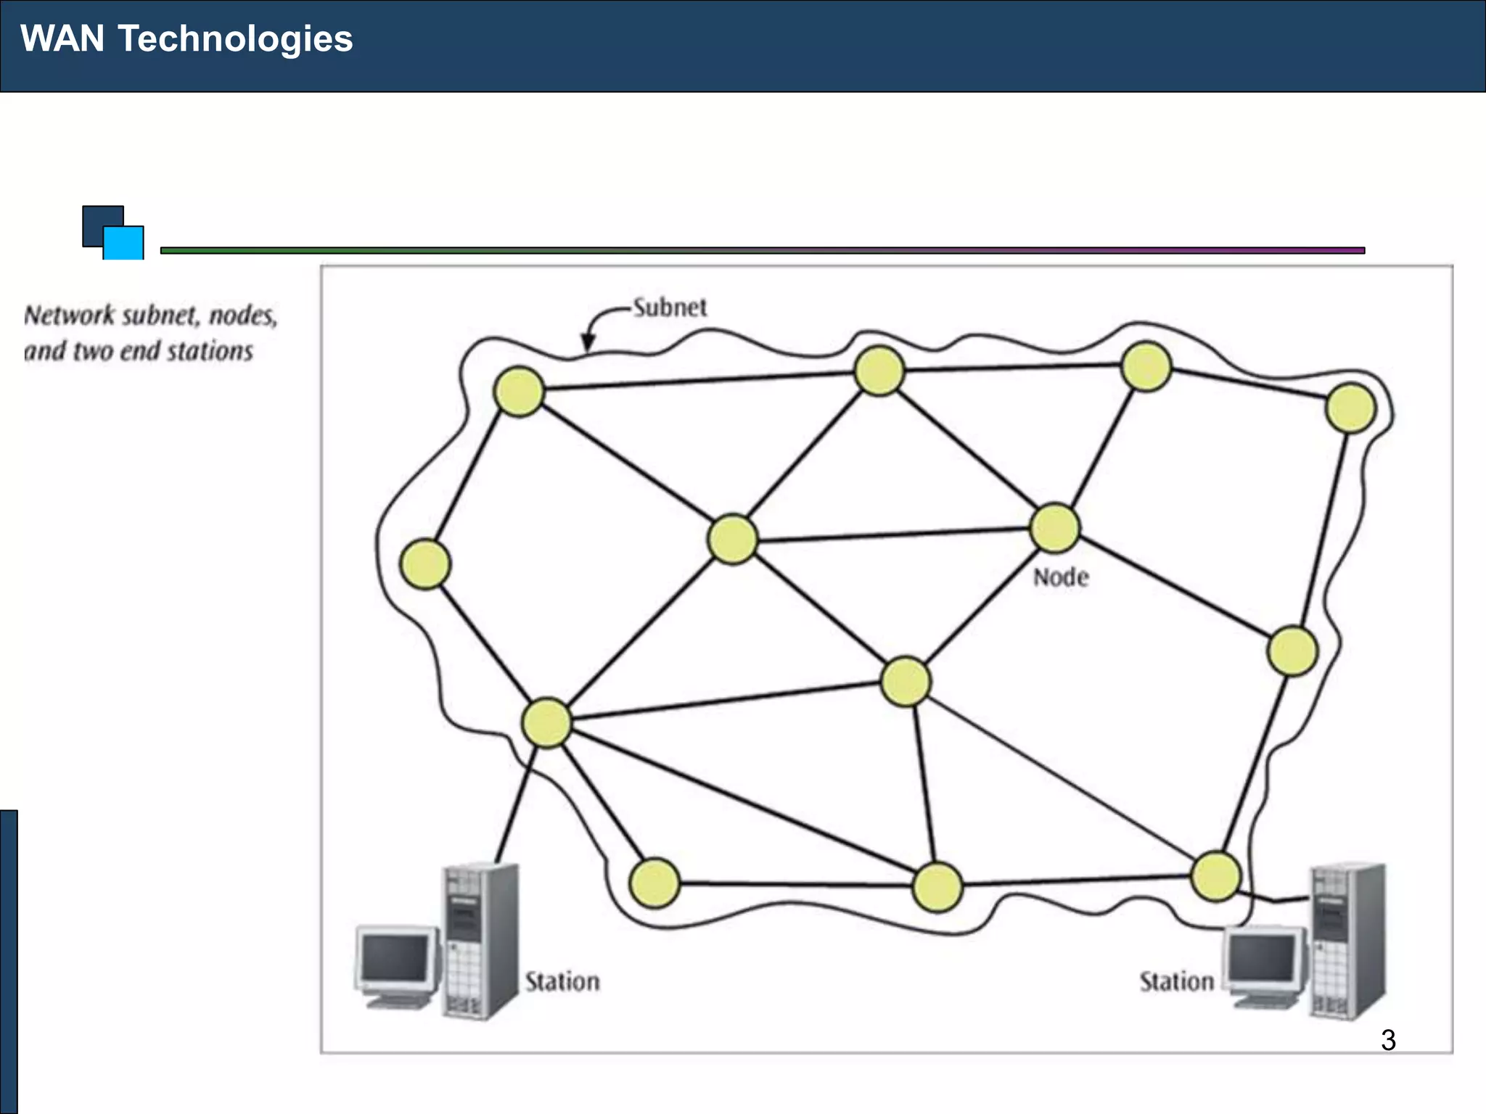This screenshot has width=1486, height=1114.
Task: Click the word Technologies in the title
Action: click(x=235, y=39)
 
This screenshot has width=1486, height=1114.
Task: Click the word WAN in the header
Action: click(x=62, y=38)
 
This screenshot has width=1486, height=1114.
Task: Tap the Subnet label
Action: click(x=669, y=308)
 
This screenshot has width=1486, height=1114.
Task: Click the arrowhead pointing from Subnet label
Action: click(x=588, y=344)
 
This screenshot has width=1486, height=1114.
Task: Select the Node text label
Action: click(x=1060, y=577)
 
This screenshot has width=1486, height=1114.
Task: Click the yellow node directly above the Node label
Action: click(x=1054, y=528)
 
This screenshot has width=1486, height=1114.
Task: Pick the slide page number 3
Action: click(x=1388, y=1040)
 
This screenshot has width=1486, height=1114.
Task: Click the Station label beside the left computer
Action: click(x=562, y=981)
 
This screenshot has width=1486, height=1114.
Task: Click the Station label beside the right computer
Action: click(x=1176, y=981)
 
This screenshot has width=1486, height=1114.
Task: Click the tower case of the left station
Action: click(x=480, y=941)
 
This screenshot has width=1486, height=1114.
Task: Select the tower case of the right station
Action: click(x=1347, y=941)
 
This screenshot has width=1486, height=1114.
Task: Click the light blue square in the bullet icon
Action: click(x=124, y=244)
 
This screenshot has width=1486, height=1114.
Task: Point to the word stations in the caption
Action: click(x=210, y=351)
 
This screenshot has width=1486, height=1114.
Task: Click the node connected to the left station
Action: click(x=546, y=722)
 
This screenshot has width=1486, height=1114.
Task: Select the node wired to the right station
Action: click(x=1215, y=877)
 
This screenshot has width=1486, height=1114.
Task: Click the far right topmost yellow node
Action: click(x=1350, y=408)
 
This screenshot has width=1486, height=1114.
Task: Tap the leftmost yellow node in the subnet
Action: click(x=425, y=564)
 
